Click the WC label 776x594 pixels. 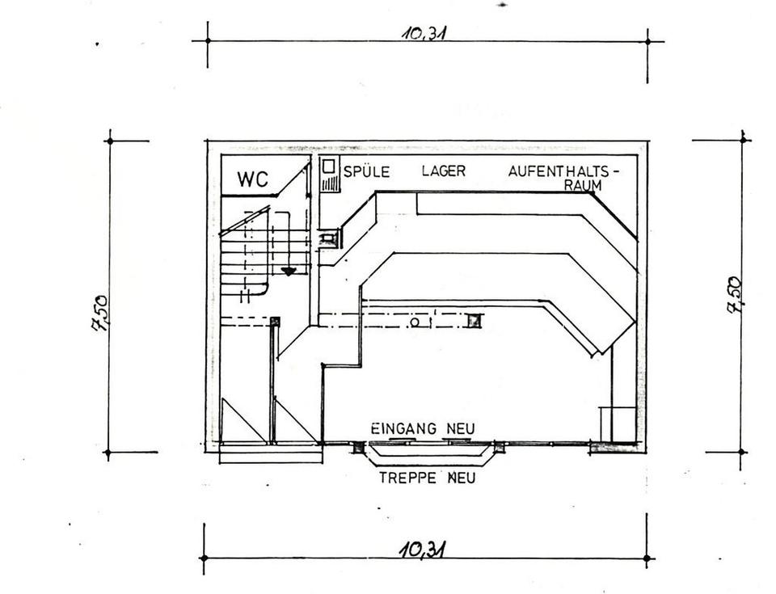point(252,179)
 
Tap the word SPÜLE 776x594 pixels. point(367,171)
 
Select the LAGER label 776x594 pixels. point(443,171)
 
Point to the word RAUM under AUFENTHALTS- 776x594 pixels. point(582,185)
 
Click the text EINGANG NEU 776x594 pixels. point(422,428)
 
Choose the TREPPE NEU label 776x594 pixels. point(427,478)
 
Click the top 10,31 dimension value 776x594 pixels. point(425,33)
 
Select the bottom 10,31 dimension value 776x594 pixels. point(424,550)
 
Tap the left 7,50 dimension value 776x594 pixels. point(100,313)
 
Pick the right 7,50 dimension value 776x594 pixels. point(734,295)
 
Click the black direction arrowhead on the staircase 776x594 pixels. point(288,272)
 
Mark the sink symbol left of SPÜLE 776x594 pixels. point(330,175)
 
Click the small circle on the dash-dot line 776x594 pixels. point(414,322)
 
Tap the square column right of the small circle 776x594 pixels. point(474,321)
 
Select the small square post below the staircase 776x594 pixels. point(275,322)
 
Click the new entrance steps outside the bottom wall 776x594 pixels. point(427,456)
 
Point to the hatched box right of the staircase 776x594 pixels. point(329,238)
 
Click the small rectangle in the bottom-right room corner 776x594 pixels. point(617,423)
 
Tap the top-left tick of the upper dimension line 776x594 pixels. point(208,40)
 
